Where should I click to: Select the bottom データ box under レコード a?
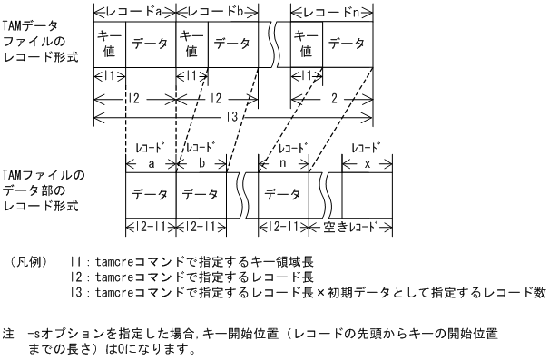(x=150, y=195)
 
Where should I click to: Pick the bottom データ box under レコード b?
(x=200, y=195)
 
